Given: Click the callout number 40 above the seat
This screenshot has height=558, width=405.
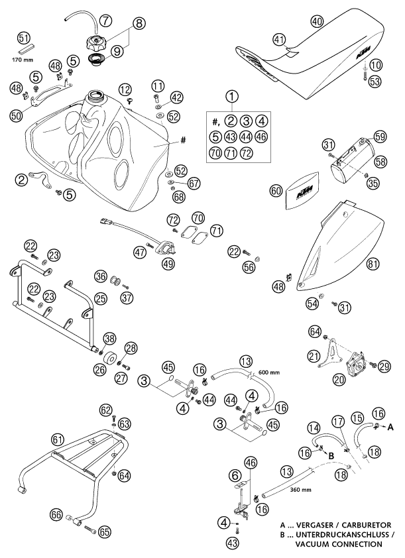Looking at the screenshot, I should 318,22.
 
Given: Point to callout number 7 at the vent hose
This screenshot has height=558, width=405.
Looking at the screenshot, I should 106,19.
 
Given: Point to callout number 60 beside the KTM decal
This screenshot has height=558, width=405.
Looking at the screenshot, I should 276,190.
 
